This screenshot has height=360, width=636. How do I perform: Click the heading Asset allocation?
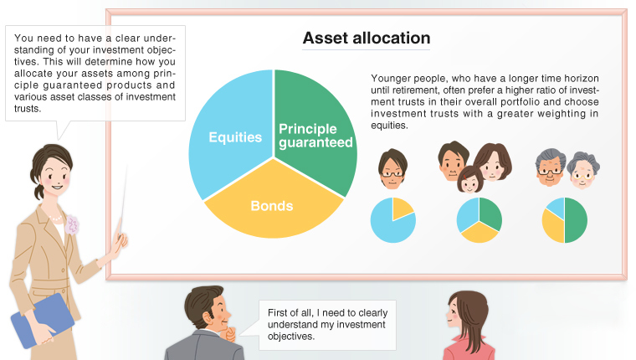366,39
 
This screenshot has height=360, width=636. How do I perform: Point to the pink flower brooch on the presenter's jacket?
72,224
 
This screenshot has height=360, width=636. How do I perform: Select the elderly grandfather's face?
551,166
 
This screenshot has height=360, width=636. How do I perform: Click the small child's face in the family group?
469,177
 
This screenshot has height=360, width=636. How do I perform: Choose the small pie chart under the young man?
392,220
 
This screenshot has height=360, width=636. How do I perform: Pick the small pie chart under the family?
479,220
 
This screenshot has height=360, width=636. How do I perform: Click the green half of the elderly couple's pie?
577,220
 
